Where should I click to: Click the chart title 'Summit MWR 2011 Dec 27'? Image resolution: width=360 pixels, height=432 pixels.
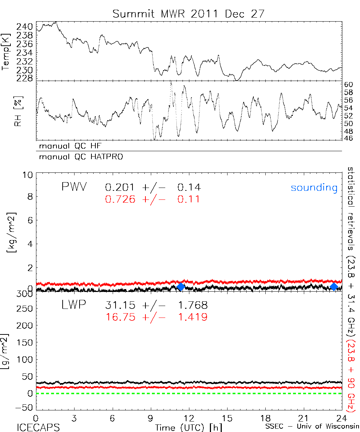click(x=188, y=14)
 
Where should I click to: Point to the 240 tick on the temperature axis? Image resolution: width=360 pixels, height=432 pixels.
click(x=24, y=27)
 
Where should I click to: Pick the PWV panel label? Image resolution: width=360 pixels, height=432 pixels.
click(x=74, y=187)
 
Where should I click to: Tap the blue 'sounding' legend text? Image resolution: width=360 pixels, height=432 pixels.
click(x=314, y=188)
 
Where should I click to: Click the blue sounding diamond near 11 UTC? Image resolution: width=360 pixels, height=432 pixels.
click(x=181, y=287)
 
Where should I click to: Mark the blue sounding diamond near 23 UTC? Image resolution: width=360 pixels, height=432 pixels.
click(x=334, y=287)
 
